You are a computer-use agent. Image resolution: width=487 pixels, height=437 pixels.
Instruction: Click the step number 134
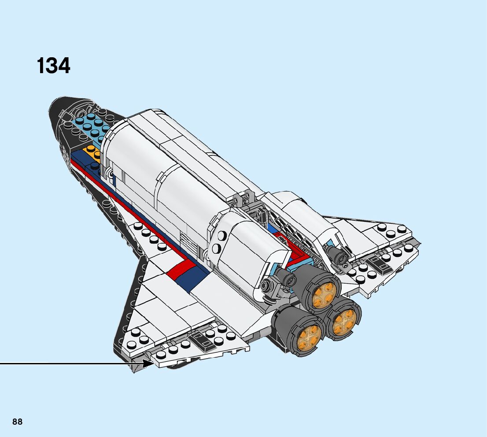coord(53,66)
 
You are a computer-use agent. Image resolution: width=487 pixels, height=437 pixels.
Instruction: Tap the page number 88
coord(17,422)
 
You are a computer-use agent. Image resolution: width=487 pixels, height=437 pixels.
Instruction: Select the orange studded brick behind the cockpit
coord(93,151)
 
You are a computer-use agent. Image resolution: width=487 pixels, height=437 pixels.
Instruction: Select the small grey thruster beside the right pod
coord(339,256)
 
